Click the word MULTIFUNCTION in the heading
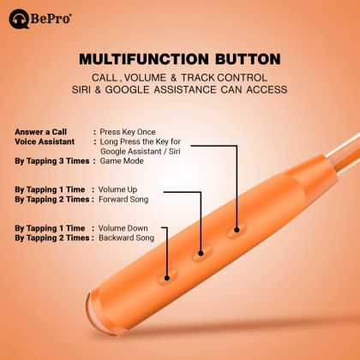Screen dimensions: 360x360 pos(145,60)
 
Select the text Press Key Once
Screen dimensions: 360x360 pos(152,131)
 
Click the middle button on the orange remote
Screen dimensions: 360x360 pos(202,253)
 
